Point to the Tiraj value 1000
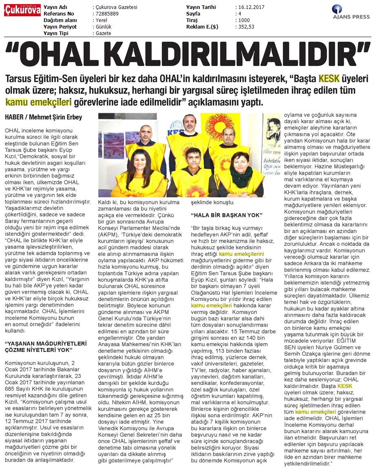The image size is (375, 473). (x=245, y=20)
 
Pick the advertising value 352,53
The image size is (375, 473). (x=247, y=27)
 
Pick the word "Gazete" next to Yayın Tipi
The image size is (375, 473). (x=104, y=33)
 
